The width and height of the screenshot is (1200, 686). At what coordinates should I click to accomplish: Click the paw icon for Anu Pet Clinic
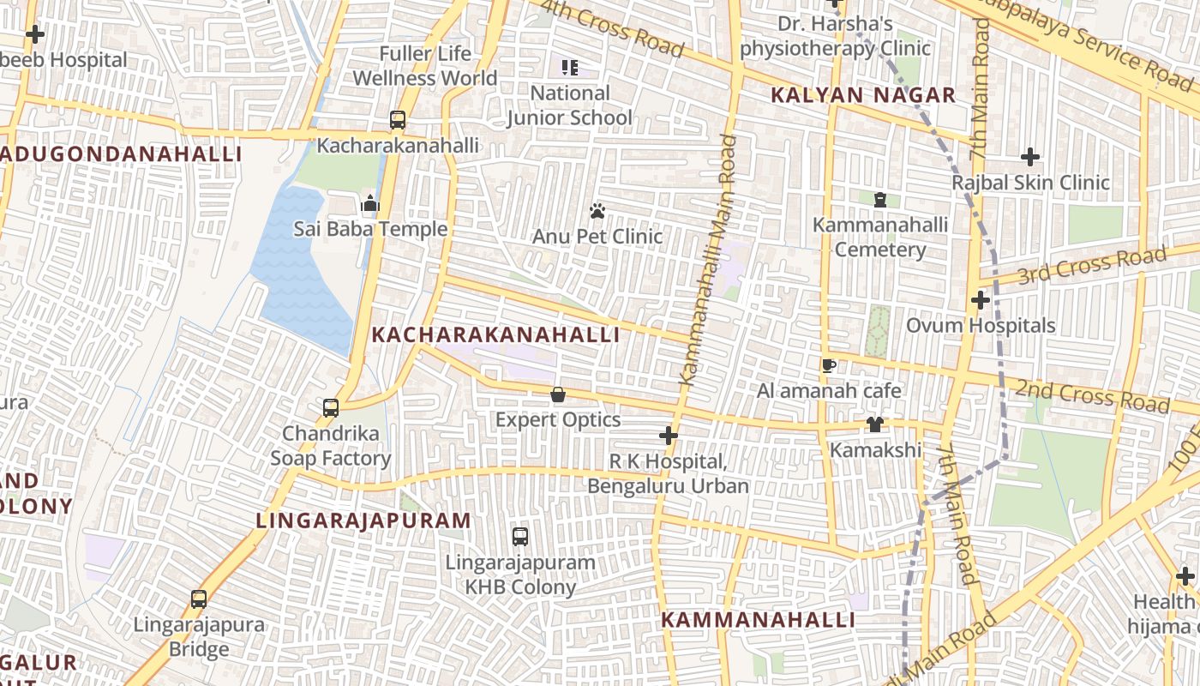(x=597, y=210)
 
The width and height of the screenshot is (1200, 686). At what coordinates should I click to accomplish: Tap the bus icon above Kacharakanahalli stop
(x=398, y=120)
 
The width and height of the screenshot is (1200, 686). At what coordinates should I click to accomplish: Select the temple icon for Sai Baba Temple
(x=370, y=203)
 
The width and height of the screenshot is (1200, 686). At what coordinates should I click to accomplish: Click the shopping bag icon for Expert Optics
(x=558, y=394)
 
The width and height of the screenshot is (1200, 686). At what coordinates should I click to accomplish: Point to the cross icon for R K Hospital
(x=668, y=436)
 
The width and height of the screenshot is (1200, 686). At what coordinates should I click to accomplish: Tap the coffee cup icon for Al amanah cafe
(x=829, y=366)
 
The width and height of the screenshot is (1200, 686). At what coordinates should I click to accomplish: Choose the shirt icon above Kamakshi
(x=874, y=424)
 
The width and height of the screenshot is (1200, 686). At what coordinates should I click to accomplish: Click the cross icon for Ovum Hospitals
(x=981, y=300)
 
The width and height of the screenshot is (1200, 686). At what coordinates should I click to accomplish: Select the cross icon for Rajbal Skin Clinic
(x=1030, y=157)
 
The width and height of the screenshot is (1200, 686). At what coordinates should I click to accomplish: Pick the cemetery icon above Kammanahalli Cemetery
(x=879, y=200)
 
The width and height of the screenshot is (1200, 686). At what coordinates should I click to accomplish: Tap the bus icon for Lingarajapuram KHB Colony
(x=520, y=537)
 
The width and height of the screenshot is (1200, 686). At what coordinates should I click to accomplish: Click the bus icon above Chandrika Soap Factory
(x=331, y=408)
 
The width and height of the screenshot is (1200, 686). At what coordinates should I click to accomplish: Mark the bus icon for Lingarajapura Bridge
(x=199, y=599)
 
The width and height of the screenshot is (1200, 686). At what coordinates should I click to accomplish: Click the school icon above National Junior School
(x=570, y=67)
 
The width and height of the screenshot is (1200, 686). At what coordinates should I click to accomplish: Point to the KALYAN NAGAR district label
(x=862, y=95)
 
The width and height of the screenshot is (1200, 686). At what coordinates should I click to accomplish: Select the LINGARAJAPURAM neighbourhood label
(x=363, y=521)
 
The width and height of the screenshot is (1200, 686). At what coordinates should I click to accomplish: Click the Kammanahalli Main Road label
(x=709, y=259)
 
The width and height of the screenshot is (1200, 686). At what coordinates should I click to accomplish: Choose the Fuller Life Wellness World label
(x=424, y=66)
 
